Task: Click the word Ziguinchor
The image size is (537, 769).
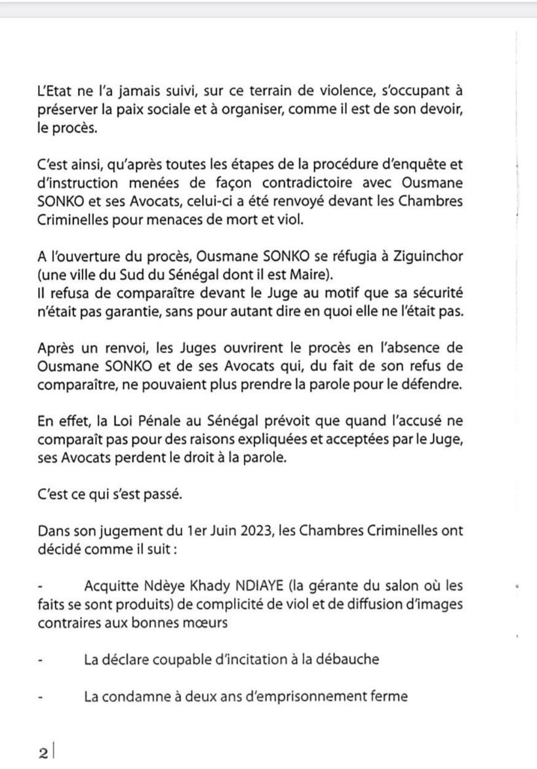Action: point(431,255)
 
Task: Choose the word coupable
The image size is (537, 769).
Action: point(172,659)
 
